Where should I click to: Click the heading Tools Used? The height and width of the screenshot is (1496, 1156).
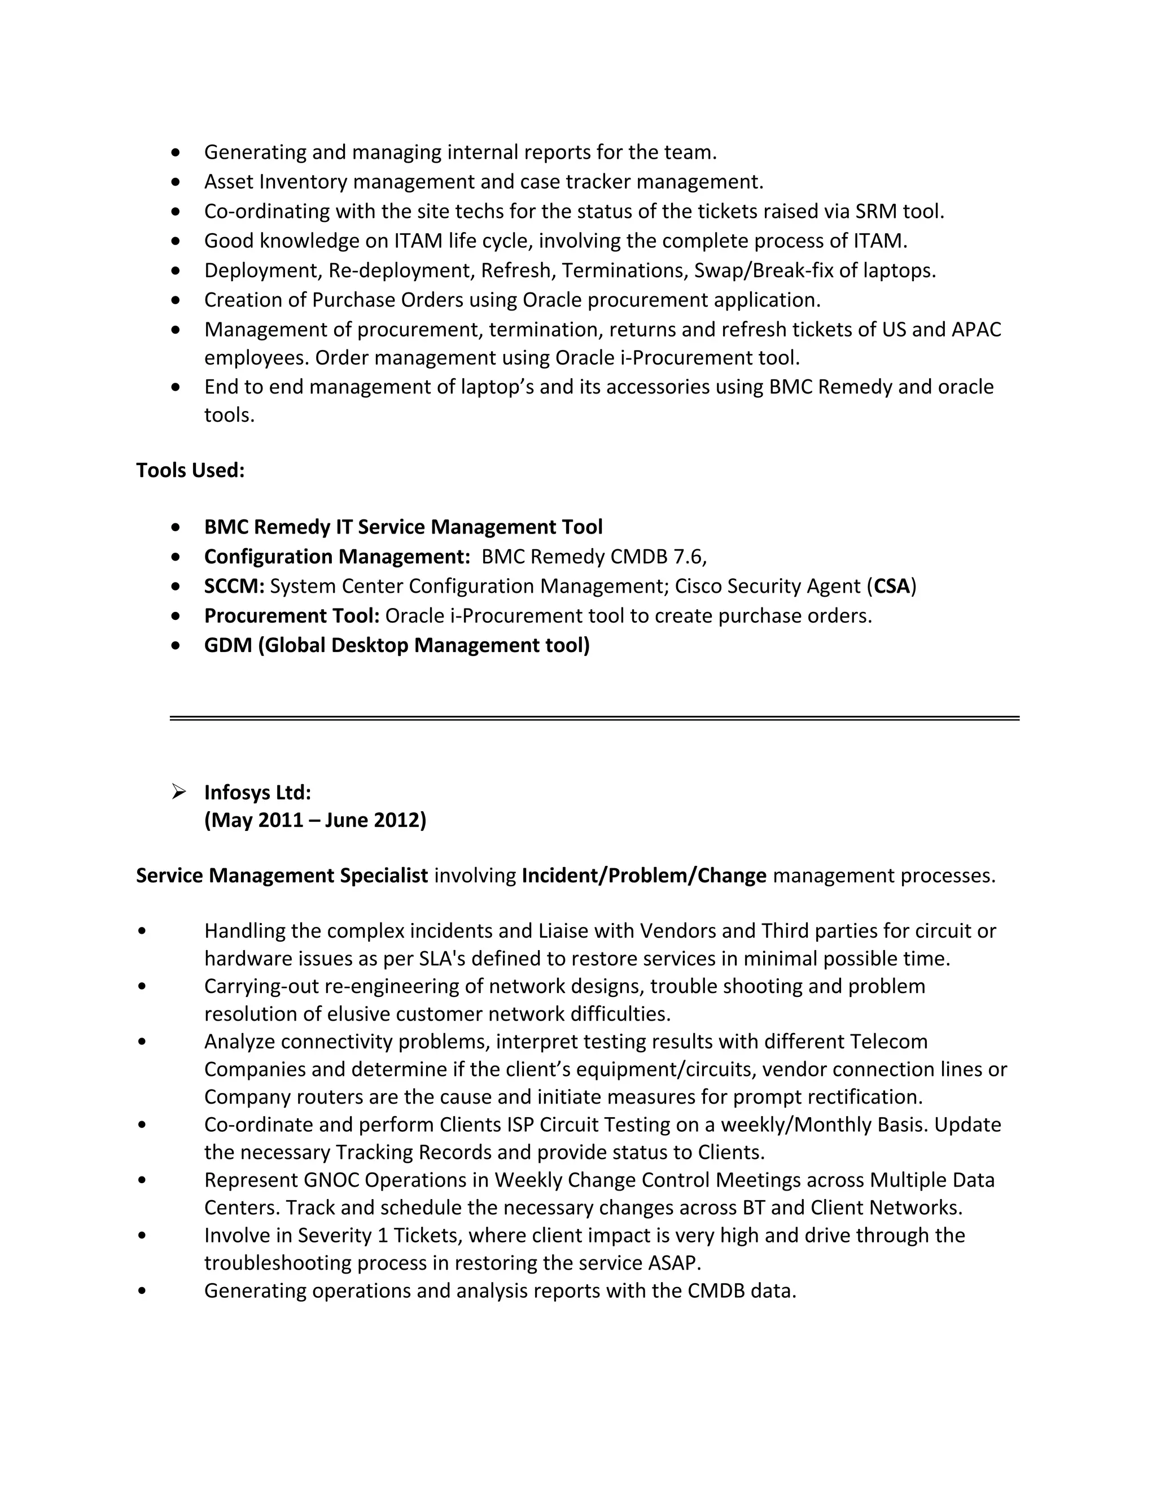tap(190, 471)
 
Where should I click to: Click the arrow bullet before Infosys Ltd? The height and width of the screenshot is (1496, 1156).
tap(179, 793)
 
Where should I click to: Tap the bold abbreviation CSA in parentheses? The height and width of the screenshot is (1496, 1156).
tap(892, 587)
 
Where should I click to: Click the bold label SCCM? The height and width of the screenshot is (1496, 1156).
tap(234, 587)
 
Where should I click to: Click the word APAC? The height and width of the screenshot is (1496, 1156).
tap(976, 330)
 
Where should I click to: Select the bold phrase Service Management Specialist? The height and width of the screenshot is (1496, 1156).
tap(282, 876)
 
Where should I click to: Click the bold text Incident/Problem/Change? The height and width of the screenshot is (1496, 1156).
tap(643, 876)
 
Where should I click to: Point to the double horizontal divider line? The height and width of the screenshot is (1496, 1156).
tap(594, 719)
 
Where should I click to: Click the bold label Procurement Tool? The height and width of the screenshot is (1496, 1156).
tap(292, 616)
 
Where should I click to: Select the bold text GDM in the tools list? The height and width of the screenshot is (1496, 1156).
tap(228, 645)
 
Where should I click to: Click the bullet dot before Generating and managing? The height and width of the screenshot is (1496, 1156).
tap(177, 152)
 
